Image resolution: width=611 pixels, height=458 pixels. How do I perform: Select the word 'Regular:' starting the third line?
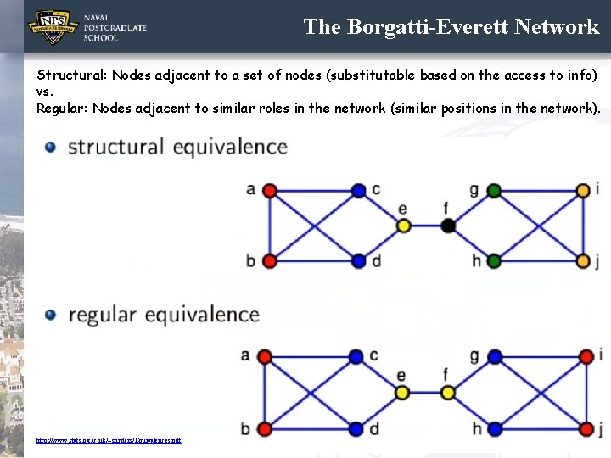63,108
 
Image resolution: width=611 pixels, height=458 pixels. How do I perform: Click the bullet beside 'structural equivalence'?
51,147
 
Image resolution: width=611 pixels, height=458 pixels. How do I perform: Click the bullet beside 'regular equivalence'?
51,315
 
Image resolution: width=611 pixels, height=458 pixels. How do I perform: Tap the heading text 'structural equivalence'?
177,147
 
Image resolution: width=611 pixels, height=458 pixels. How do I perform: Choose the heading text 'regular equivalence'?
164,315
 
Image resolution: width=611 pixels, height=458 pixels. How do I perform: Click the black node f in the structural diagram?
448,225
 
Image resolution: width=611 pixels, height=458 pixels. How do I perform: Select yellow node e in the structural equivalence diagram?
403,225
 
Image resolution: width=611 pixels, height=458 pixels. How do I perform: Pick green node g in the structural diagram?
494,191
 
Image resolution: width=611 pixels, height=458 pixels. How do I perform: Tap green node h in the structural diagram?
494,260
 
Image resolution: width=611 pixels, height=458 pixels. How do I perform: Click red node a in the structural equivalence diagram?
270,191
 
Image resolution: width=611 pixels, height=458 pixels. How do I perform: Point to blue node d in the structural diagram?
358,260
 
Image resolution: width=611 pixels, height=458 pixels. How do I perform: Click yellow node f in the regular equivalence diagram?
448,392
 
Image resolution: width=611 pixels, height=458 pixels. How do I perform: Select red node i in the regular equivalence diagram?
584,356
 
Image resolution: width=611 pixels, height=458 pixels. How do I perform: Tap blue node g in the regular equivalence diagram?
494,356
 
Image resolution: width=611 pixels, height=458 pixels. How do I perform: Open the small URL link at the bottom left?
108,440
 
